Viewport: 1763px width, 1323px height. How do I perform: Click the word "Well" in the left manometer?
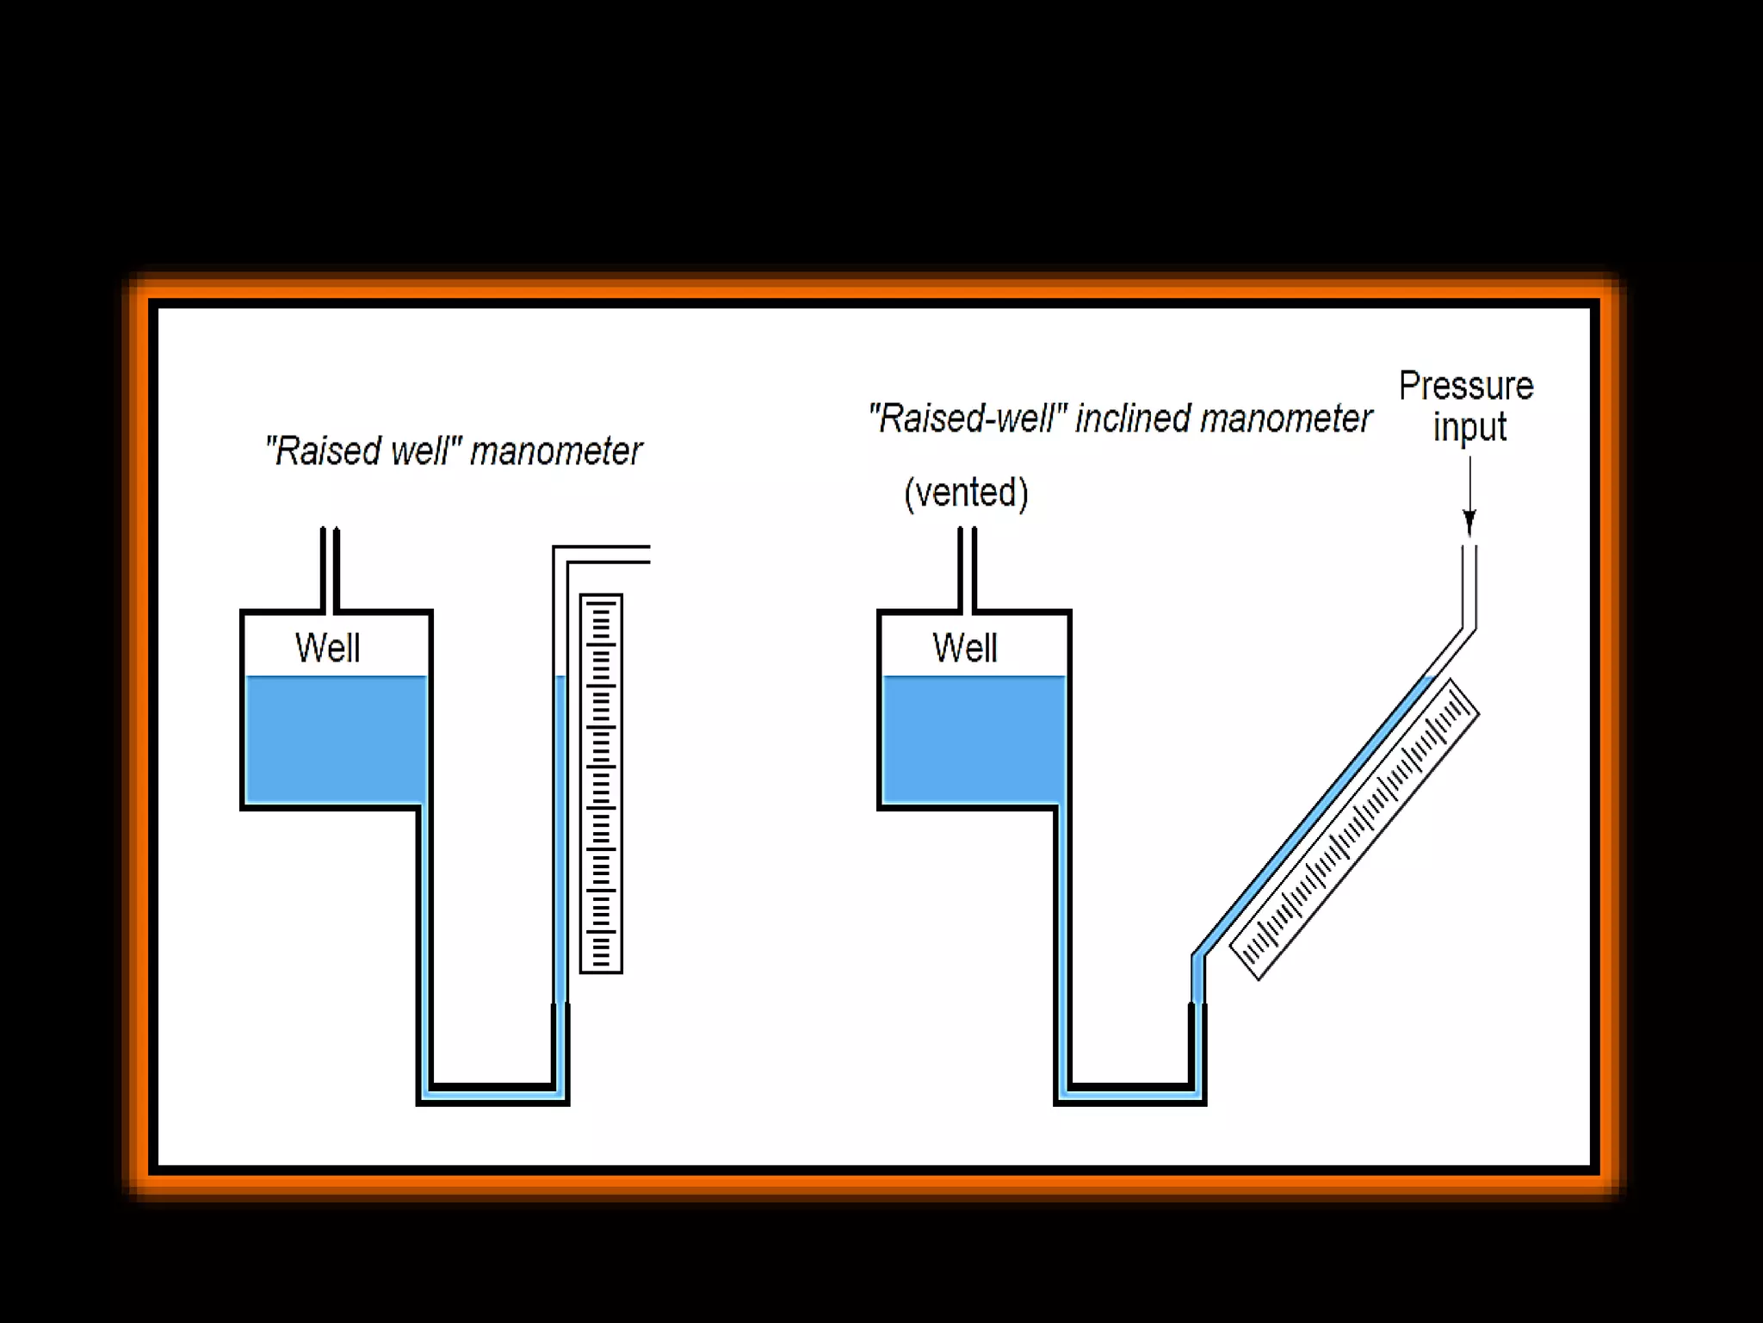tap(327, 648)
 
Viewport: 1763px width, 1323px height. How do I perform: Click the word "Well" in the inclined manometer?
tap(964, 648)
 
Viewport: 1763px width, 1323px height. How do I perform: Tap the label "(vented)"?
tap(966, 493)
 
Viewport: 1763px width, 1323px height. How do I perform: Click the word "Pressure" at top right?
tap(1465, 386)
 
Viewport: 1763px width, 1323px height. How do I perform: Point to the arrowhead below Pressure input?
tap(1469, 522)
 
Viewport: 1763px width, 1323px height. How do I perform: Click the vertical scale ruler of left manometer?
tap(601, 784)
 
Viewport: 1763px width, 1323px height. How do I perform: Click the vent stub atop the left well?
tap(330, 568)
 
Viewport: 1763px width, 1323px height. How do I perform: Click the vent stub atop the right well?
tap(967, 568)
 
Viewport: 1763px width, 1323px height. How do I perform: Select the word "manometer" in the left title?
tap(556, 451)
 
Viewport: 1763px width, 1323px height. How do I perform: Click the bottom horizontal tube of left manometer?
tap(492, 1094)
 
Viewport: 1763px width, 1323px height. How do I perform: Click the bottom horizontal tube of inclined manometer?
tap(1129, 1094)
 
